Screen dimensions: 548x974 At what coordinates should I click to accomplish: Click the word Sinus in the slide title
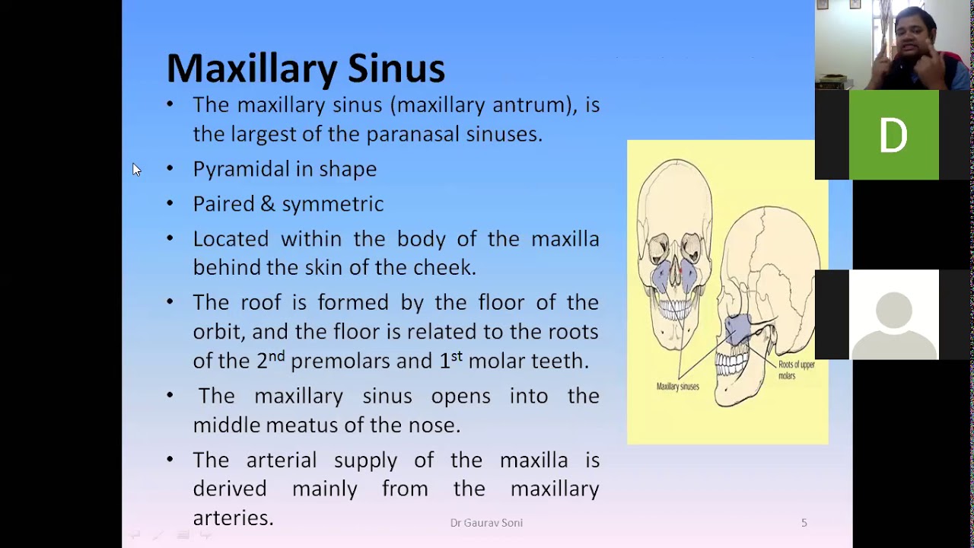tap(396, 68)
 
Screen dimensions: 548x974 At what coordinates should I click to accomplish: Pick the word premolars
tap(339, 362)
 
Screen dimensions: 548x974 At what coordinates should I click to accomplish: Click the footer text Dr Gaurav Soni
tap(486, 523)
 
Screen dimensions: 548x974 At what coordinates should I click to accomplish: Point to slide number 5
tap(804, 523)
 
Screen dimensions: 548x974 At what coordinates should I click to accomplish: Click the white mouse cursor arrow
tap(136, 170)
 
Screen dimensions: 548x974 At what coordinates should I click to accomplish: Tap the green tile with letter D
tap(893, 135)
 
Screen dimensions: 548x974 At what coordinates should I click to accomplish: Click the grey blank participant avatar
tap(893, 314)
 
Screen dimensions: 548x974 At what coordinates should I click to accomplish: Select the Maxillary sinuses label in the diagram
tap(677, 387)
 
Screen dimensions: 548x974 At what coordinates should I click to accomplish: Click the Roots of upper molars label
tap(796, 370)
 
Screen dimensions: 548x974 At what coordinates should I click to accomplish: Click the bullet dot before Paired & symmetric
tap(170, 203)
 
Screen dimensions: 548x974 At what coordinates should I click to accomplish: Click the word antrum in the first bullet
tap(530, 105)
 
